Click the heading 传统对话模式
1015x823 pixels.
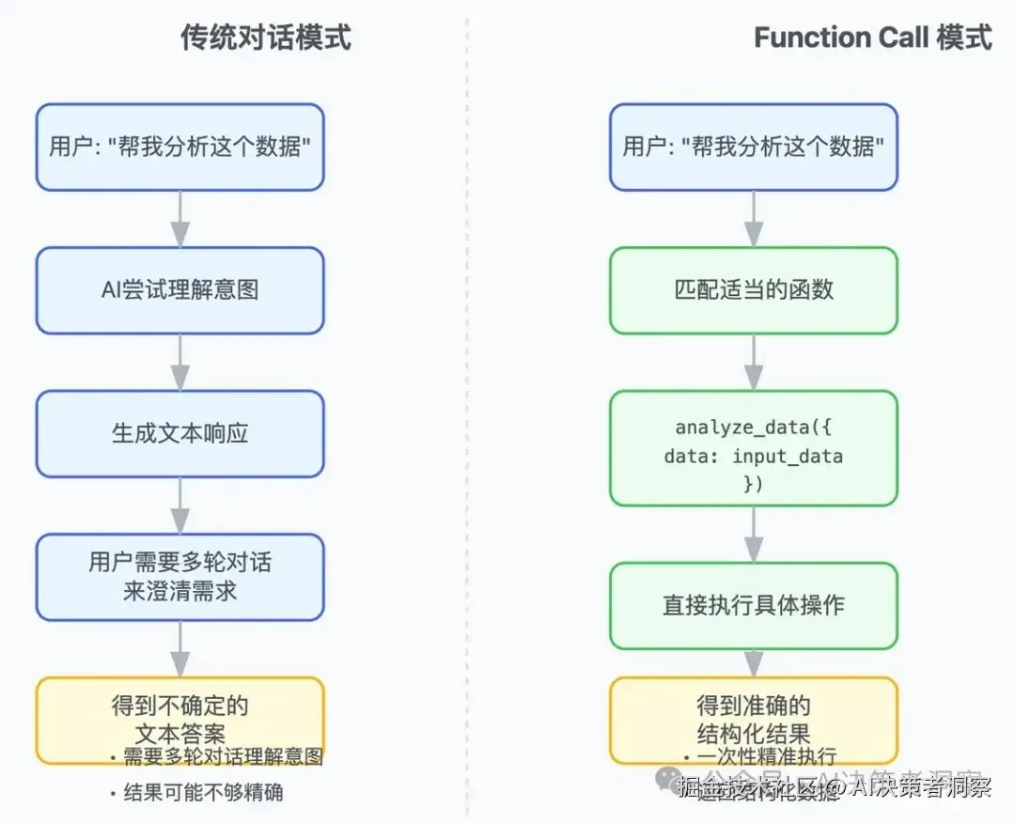(x=266, y=38)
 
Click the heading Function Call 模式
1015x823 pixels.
(x=872, y=38)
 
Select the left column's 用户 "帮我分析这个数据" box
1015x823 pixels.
(x=180, y=148)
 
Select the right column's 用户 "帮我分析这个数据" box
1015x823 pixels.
(x=753, y=148)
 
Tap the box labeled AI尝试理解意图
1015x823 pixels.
(x=180, y=290)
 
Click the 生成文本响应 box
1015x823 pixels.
(x=180, y=434)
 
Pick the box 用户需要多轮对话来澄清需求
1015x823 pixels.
(x=180, y=577)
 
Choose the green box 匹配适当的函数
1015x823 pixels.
(x=753, y=290)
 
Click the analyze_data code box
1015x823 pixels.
(x=753, y=448)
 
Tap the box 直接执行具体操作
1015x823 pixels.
(x=753, y=605)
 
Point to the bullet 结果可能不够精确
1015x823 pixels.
(x=203, y=792)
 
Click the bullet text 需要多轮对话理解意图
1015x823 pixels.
(x=223, y=757)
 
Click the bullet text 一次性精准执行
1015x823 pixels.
(x=766, y=757)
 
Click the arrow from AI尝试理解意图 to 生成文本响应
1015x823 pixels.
(x=180, y=362)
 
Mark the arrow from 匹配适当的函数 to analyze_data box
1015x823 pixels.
(x=753, y=362)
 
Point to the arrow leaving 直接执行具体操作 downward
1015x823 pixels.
(x=753, y=662)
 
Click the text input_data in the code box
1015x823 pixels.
(x=788, y=458)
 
